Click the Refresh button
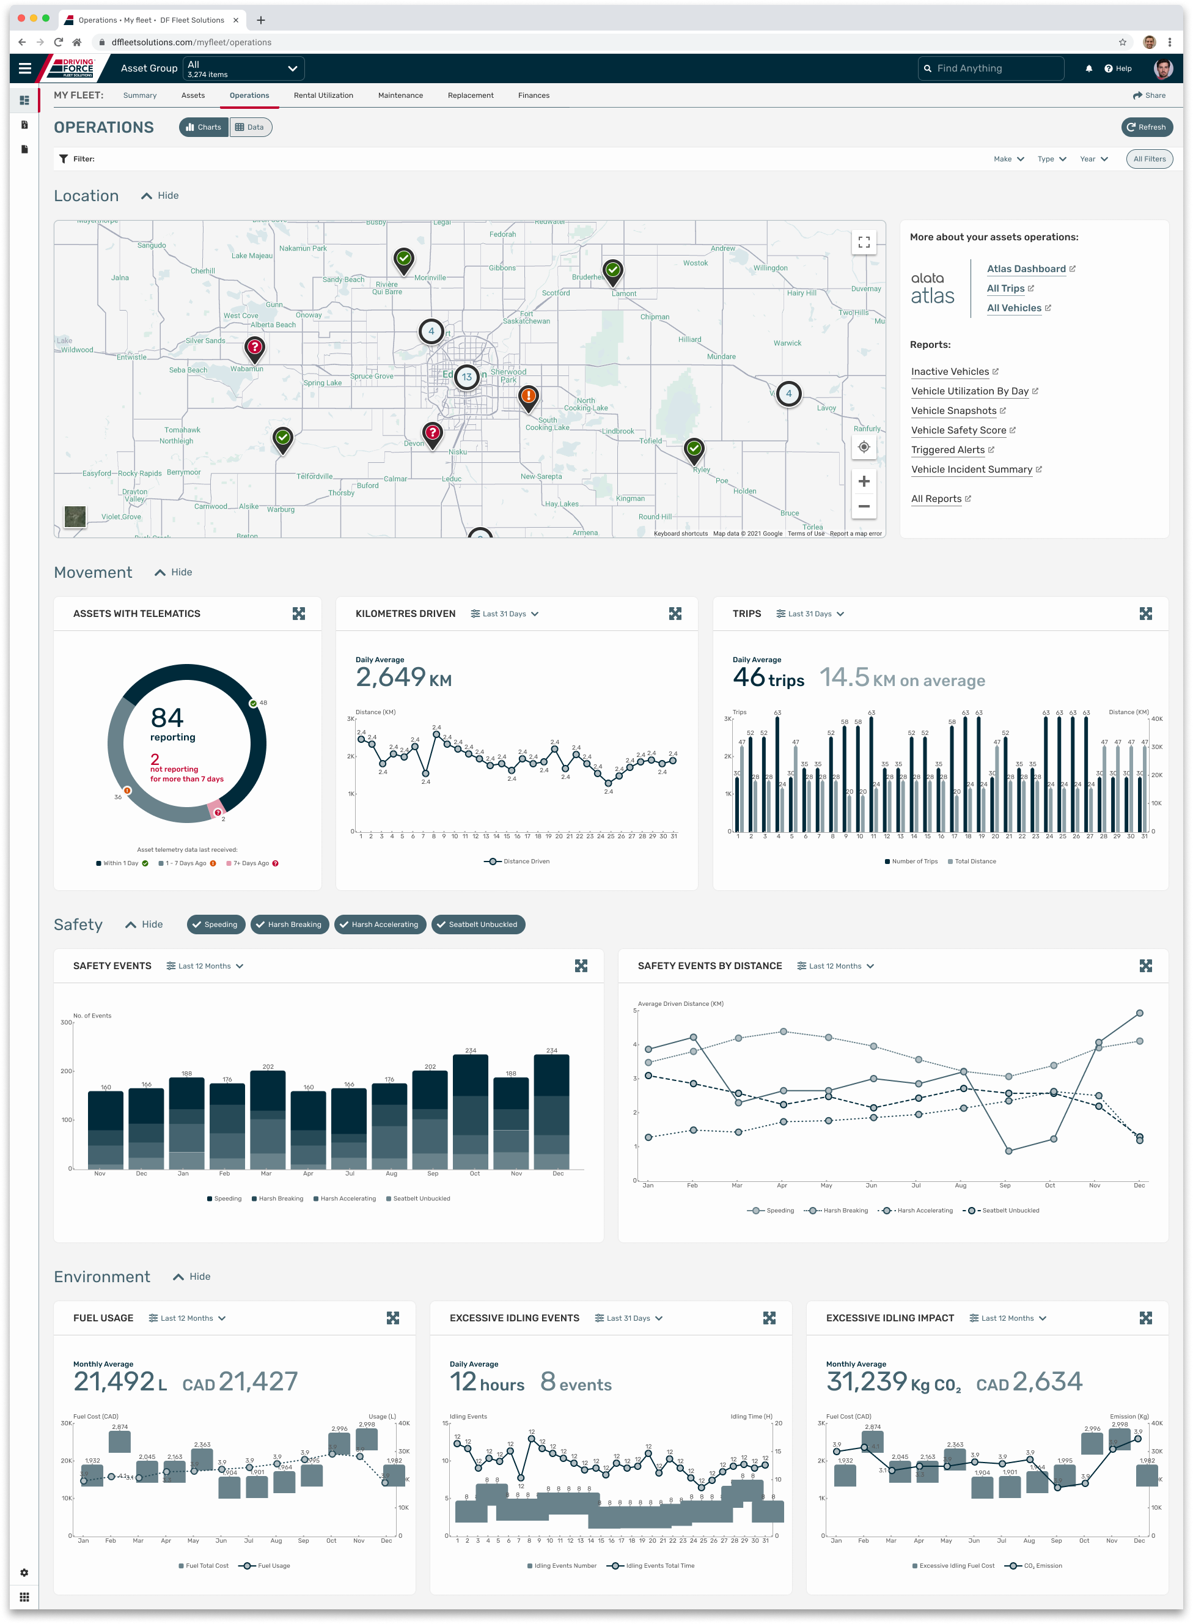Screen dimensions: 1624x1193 1146,127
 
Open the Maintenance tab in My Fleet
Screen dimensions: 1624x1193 400,95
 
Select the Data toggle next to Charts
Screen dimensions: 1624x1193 250,127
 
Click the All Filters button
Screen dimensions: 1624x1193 1148,159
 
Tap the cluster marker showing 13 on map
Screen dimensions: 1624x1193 466,377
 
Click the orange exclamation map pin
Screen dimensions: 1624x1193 529,396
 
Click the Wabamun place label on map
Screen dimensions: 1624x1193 246,369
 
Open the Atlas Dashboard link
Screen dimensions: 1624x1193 1026,269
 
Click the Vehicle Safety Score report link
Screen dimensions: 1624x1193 958,430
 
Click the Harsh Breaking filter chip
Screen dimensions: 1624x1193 290,924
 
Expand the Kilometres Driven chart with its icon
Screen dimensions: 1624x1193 675,613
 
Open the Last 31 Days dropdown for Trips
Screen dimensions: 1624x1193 810,613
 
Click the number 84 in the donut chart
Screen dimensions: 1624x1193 167,717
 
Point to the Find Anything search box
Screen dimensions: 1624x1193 993,68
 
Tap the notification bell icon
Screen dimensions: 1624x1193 1088,68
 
